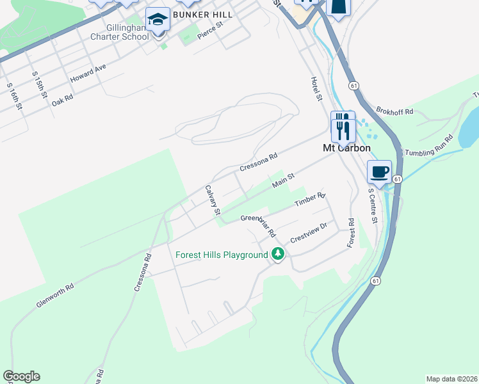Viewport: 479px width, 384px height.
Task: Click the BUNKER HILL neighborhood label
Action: click(204, 13)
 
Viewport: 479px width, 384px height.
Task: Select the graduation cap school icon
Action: click(157, 19)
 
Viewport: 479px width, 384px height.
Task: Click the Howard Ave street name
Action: click(87, 72)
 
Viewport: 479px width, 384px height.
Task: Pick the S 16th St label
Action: click(15, 96)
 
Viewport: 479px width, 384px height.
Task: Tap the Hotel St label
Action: click(314, 89)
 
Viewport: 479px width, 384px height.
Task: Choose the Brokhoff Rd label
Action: click(395, 111)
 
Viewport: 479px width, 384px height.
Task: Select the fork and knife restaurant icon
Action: click(343, 126)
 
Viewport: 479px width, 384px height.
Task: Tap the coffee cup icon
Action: click(379, 172)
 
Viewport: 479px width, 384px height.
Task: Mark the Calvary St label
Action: click(213, 200)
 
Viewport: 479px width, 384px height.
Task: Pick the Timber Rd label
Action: click(310, 199)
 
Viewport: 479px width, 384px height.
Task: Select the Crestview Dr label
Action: click(309, 232)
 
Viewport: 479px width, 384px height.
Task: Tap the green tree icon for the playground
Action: click(277, 254)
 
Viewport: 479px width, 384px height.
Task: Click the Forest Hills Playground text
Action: click(222, 255)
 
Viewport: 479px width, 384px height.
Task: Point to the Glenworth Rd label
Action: click(55, 294)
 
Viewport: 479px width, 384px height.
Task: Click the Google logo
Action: click(21, 376)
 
